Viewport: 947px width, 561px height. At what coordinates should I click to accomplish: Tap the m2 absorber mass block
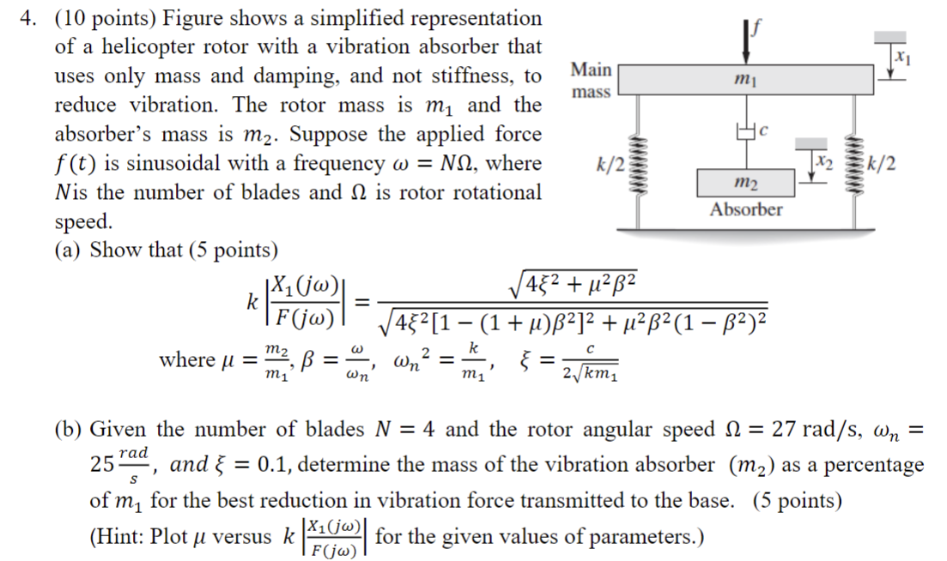click(x=745, y=183)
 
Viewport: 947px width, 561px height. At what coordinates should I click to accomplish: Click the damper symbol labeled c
click(x=744, y=131)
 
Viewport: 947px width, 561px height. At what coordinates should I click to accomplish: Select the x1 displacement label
click(x=901, y=57)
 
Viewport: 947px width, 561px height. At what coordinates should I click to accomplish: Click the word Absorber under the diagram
click(x=745, y=209)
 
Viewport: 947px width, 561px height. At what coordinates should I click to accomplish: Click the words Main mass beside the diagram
click(x=592, y=80)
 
